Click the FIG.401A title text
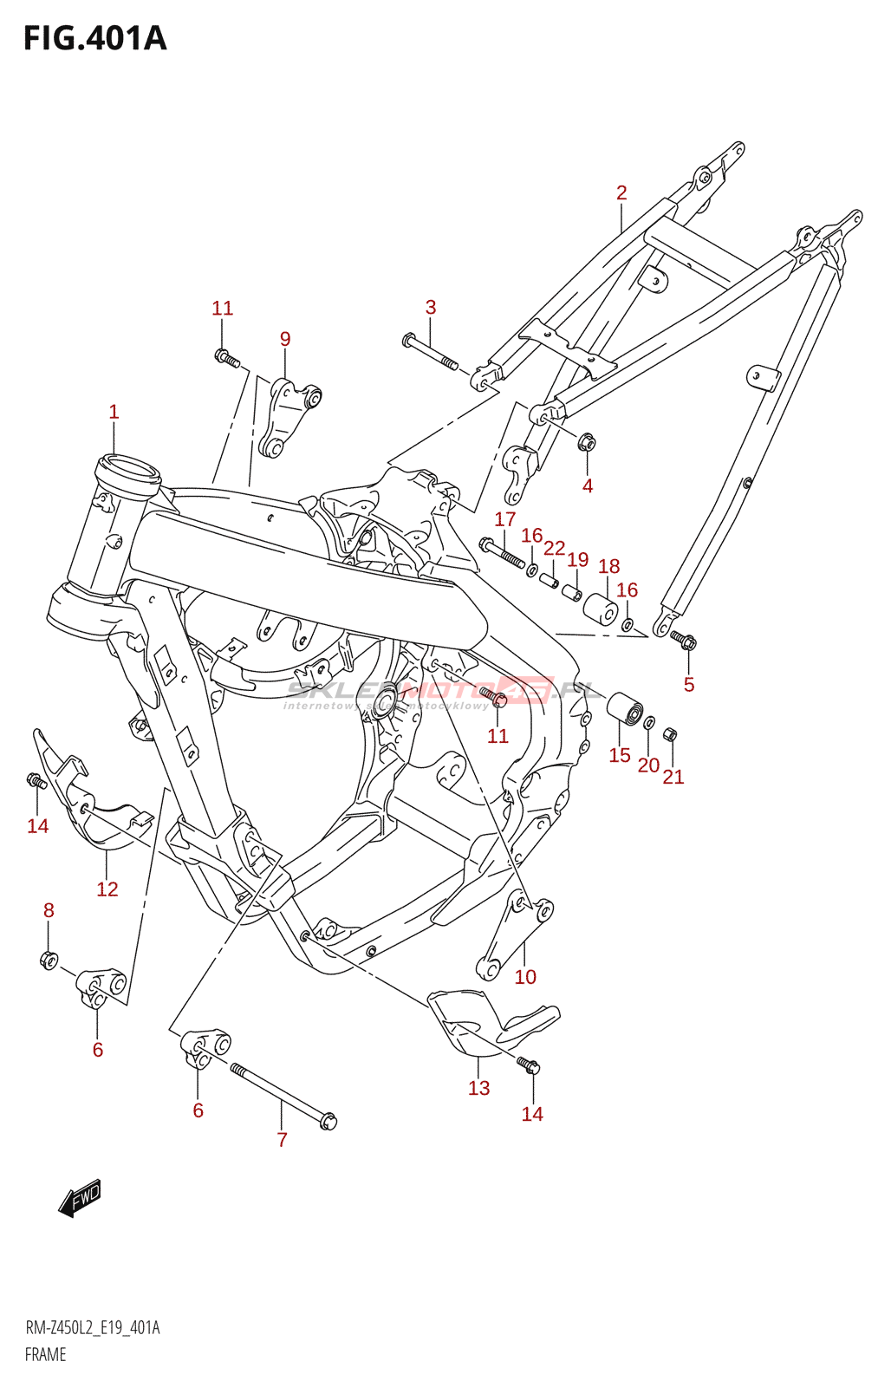pos(94,39)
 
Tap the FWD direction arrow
pos(81,1198)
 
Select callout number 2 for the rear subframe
pos(621,192)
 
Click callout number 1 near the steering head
pos(114,412)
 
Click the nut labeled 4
pos(586,442)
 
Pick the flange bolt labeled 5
pos(685,641)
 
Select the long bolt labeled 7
pos(282,1094)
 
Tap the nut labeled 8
pos(49,960)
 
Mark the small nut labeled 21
pos(670,735)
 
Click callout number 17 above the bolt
pos(505,519)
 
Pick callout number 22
pos(555,548)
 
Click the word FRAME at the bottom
pos(46,1355)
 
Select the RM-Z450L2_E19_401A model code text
pos(93,1328)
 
